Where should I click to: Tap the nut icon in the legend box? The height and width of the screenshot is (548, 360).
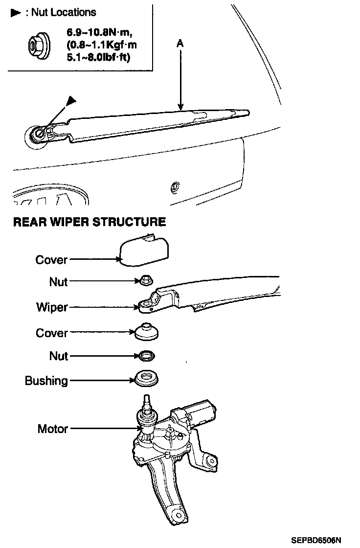pos(36,45)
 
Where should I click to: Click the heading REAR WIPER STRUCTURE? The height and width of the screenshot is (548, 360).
pos(89,222)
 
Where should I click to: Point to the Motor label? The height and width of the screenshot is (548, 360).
pos(52,429)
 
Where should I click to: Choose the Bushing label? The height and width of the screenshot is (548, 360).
pos(46,381)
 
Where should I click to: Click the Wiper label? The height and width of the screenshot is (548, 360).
pos(52,308)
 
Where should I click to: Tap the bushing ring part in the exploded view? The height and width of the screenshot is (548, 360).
pos(146,378)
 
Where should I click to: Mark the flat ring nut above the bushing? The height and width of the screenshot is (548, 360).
pos(146,354)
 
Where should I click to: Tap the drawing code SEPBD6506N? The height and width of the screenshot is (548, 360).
pos(315,541)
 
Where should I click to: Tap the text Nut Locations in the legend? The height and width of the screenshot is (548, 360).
pos(64,12)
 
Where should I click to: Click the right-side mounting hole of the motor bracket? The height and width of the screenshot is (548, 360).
pos(211,460)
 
